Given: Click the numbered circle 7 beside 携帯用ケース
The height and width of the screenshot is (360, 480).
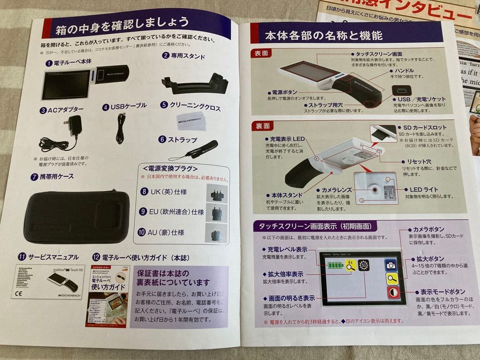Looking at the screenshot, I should coord(34,176).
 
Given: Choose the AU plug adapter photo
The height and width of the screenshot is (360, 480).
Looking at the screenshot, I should coord(216,232).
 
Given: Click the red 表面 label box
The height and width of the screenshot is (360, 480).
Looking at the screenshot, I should coord(262,53).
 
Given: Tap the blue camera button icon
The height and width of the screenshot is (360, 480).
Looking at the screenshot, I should coord(391,265).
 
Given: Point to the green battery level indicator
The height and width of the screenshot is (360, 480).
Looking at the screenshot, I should coord(336,266).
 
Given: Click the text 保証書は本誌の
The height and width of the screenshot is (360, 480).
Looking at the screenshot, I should coord(163,273).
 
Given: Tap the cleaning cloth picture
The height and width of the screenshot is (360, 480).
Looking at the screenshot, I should coord(191,120).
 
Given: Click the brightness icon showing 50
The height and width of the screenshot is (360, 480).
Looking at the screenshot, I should coord(364,265).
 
